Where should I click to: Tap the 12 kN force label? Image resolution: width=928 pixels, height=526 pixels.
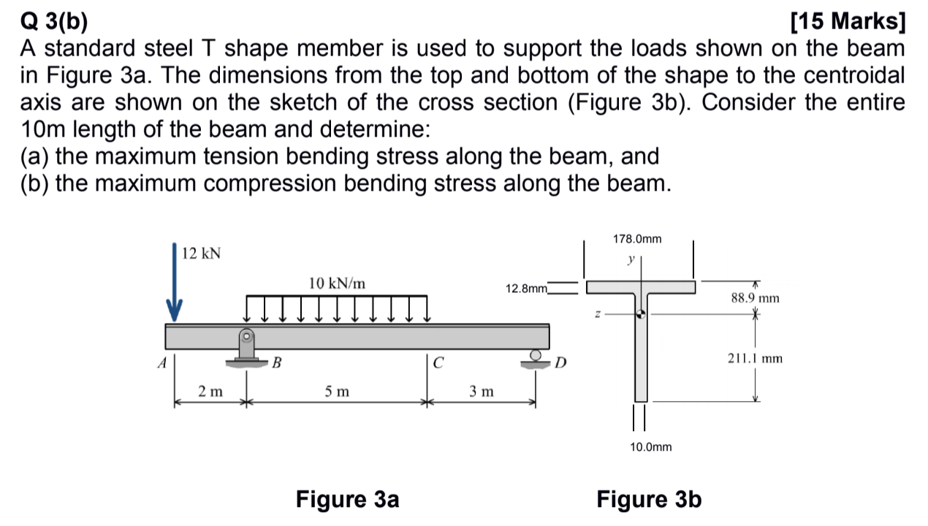point(202,254)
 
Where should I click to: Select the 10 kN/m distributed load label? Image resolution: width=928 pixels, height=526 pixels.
point(337,283)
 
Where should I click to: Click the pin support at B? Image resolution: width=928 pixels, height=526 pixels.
point(246,346)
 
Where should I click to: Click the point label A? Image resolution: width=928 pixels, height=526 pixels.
point(162,362)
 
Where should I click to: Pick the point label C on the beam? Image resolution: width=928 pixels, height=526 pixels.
point(438,362)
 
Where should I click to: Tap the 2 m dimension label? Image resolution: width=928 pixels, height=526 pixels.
point(211,392)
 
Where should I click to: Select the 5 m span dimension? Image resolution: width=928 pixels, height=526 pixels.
point(337,392)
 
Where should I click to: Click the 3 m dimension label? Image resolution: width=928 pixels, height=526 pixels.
point(482,392)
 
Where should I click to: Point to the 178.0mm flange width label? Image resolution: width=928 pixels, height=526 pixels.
point(638,239)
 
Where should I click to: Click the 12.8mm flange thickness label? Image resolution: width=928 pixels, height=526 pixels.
point(526,289)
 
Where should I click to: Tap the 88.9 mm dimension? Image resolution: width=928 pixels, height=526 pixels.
point(755,298)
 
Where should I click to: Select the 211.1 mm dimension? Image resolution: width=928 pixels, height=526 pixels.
point(755,359)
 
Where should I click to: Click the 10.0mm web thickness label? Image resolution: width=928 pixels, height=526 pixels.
point(650,446)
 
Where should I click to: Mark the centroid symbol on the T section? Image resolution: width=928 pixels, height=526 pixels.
point(641,314)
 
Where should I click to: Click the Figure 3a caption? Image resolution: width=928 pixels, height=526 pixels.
point(348,500)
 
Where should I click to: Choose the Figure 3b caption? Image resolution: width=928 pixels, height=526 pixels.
point(649,500)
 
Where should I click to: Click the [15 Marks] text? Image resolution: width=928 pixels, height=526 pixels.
point(848,23)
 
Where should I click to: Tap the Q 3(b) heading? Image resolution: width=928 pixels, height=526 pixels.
point(53,23)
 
